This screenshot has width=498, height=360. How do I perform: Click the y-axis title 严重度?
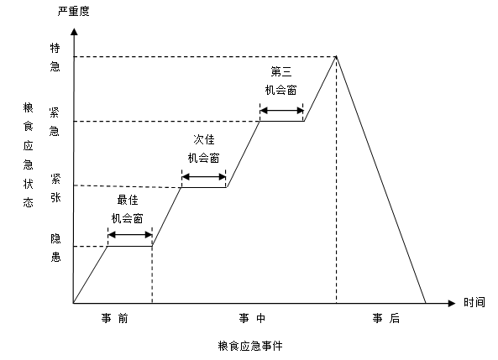click(x=74, y=11)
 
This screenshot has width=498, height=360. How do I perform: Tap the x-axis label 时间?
click(x=474, y=302)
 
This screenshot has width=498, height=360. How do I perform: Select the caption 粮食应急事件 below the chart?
click(x=250, y=346)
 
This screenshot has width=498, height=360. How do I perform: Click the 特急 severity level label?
click(x=55, y=57)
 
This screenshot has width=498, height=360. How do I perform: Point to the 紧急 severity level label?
click(x=55, y=122)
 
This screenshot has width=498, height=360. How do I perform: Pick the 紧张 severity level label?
click(x=55, y=188)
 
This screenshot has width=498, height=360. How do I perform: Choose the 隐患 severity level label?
click(x=55, y=248)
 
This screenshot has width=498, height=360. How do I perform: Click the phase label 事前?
click(x=115, y=318)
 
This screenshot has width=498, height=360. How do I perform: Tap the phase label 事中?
click(x=252, y=318)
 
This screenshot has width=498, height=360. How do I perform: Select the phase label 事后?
click(x=385, y=318)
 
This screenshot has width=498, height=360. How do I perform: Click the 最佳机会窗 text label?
click(x=128, y=209)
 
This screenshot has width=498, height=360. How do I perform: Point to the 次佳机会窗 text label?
click(x=203, y=149)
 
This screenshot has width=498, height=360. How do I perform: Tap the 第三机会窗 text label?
click(x=281, y=81)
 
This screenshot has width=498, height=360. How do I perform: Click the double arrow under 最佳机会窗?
click(x=130, y=235)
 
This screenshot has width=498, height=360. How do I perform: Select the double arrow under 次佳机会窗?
click(x=203, y=177)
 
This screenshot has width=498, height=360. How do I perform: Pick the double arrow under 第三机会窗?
click(x=281, y=111)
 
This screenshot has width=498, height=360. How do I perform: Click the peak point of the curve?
click(x=337, y=56)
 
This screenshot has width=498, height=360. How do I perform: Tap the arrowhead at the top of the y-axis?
click(x=74, y=31)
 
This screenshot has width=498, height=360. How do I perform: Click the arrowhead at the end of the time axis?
click(x=452, y=303)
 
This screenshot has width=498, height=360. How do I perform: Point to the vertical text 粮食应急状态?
click(x=29, y=155)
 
